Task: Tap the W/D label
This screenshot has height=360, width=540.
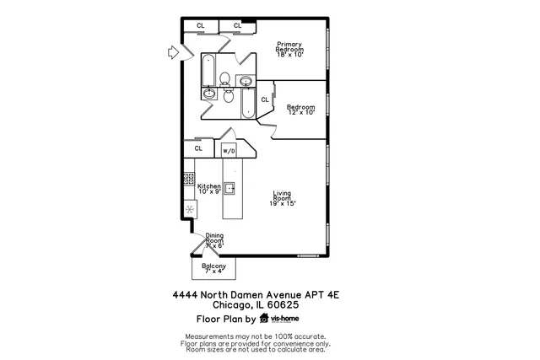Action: coord(228,151)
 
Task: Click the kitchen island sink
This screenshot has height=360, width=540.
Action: coord(229,188)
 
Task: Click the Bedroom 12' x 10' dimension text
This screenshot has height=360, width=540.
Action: coord(300,112)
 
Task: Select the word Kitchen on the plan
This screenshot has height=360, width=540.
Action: coord(208,186)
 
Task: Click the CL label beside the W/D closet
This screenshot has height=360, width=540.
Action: coord(198,148)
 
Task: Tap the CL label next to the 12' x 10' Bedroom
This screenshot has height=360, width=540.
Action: coord(264,99)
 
